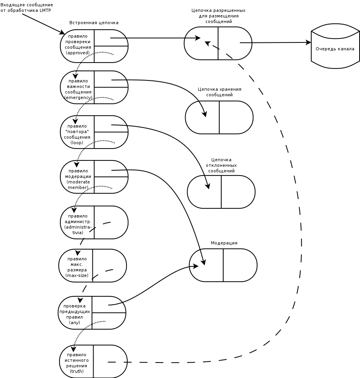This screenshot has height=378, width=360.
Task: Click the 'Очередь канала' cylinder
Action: [335, 46]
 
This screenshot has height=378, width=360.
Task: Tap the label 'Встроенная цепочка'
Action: [94, 23]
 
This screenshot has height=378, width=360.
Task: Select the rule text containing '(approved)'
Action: [78, 44]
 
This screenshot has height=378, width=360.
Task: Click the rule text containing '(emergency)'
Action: [79, 89]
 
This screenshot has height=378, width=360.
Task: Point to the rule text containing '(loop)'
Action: [77, 134]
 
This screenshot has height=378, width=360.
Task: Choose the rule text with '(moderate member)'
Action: [78, 179]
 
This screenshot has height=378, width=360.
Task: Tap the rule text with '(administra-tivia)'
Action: [78, 224]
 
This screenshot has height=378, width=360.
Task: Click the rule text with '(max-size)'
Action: [77, 267]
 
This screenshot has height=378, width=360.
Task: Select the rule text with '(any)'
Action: [75, 314]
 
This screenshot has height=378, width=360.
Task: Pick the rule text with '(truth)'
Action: [77, 363]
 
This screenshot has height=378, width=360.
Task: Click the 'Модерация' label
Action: [224, 243]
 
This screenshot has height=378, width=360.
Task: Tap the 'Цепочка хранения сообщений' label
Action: [220, 92]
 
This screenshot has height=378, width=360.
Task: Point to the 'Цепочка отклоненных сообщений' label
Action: [221, 165]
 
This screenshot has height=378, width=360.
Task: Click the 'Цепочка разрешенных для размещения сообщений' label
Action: [218, 16]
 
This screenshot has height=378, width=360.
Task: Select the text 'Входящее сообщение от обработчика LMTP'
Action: [27, 8]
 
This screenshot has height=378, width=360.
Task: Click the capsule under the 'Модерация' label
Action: [223, 265]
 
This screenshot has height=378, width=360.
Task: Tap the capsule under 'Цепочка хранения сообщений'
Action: [219, 117]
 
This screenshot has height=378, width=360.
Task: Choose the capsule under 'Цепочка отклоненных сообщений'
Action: [221, 192]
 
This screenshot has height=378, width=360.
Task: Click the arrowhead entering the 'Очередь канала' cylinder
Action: [308, 42]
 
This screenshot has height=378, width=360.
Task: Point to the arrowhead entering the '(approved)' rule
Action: [62, 32]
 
